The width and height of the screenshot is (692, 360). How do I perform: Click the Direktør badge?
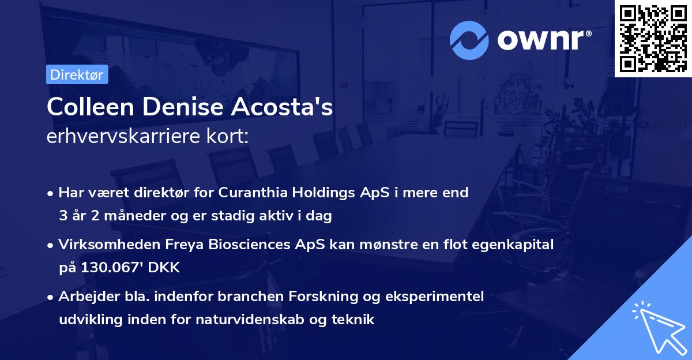click(x=77, y=74)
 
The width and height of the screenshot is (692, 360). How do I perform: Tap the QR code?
click(x=653, y=38)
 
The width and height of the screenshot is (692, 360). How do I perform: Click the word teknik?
click(x=353, y=320)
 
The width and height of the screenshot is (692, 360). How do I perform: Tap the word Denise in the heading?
click(x=187, y=108)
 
